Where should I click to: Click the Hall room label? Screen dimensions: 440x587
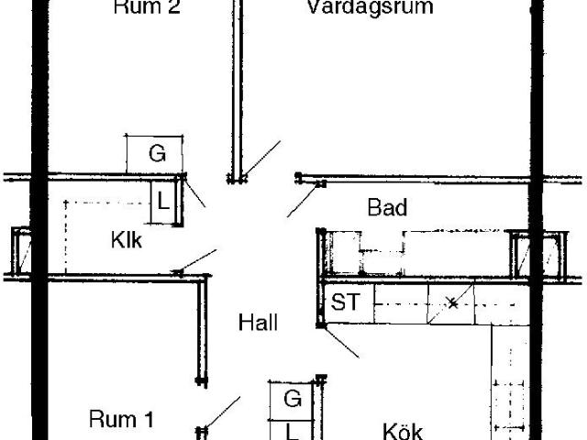[258, 323]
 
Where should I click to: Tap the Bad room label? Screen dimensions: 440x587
[387, 207]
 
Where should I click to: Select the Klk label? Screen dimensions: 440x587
[127, 241]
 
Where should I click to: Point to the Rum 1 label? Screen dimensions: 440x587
[121, 420]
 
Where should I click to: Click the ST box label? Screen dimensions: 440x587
[345, 302]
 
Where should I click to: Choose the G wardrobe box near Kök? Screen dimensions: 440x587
[292, 399]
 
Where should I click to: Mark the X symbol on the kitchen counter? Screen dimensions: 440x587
[452, 302]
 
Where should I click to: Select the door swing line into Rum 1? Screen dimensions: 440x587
[224, 412]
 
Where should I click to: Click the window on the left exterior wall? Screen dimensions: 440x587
[20, 252]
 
